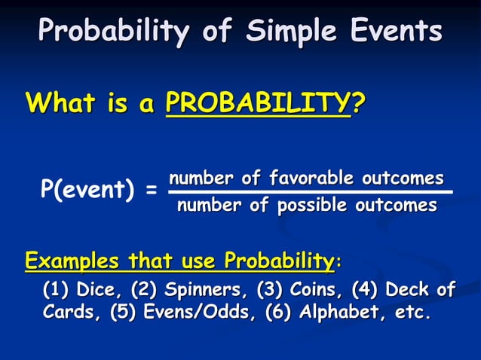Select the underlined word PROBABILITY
click(x=258, y=102)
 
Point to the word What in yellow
click(x=61, y=102)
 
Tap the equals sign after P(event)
click(x=152, y=192)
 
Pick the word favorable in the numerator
click(x=311, y=178)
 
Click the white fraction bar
click(x=309, y=192)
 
